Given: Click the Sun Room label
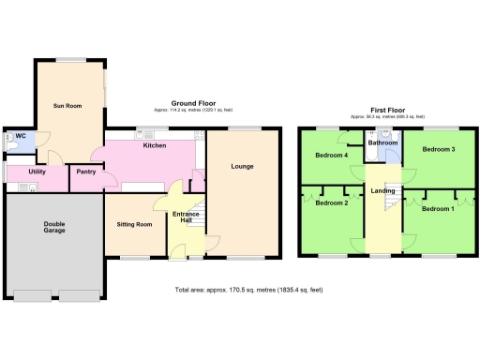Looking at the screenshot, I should pos(67,106).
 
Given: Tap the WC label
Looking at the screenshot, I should pos(20,136).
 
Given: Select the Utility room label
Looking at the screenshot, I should pos(37,172).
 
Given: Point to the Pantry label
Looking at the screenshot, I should pos(86,172).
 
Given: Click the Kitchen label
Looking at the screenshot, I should pos(155,145).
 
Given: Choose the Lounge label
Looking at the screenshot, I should pos(242,168).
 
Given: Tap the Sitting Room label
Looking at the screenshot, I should pos(134,225).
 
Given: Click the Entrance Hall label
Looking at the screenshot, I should pos(186,219).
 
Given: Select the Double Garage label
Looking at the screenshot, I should pos(53,229).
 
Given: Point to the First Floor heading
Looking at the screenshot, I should pos(386,110).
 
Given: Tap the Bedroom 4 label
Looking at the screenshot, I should pos(331,155).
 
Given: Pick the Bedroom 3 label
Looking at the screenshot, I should pos(439,149).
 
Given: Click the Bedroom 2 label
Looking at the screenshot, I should pos(331,202).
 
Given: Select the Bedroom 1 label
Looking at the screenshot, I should pos(438,207).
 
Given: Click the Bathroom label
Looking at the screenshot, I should pos(382,142).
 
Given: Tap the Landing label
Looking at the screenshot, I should pos(382,191).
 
